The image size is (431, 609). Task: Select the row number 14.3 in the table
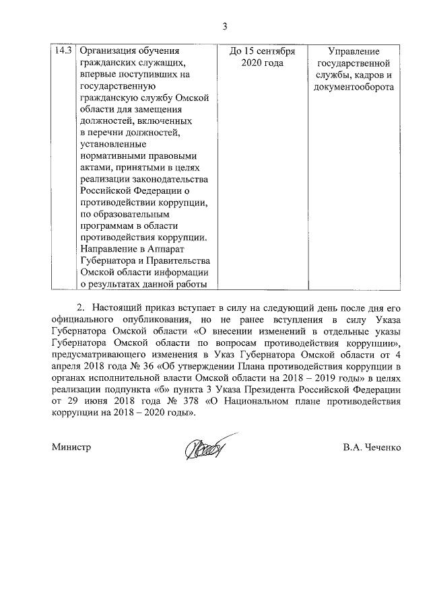click(63, 51)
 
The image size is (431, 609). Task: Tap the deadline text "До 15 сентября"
click(261, 51)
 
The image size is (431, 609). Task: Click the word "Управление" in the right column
click(354, 51)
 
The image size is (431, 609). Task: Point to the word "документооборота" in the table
click(354, 87)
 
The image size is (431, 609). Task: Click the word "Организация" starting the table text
click(107, 51)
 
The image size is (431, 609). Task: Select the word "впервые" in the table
click(96, 75)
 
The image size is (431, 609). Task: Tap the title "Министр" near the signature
click(71, 446)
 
